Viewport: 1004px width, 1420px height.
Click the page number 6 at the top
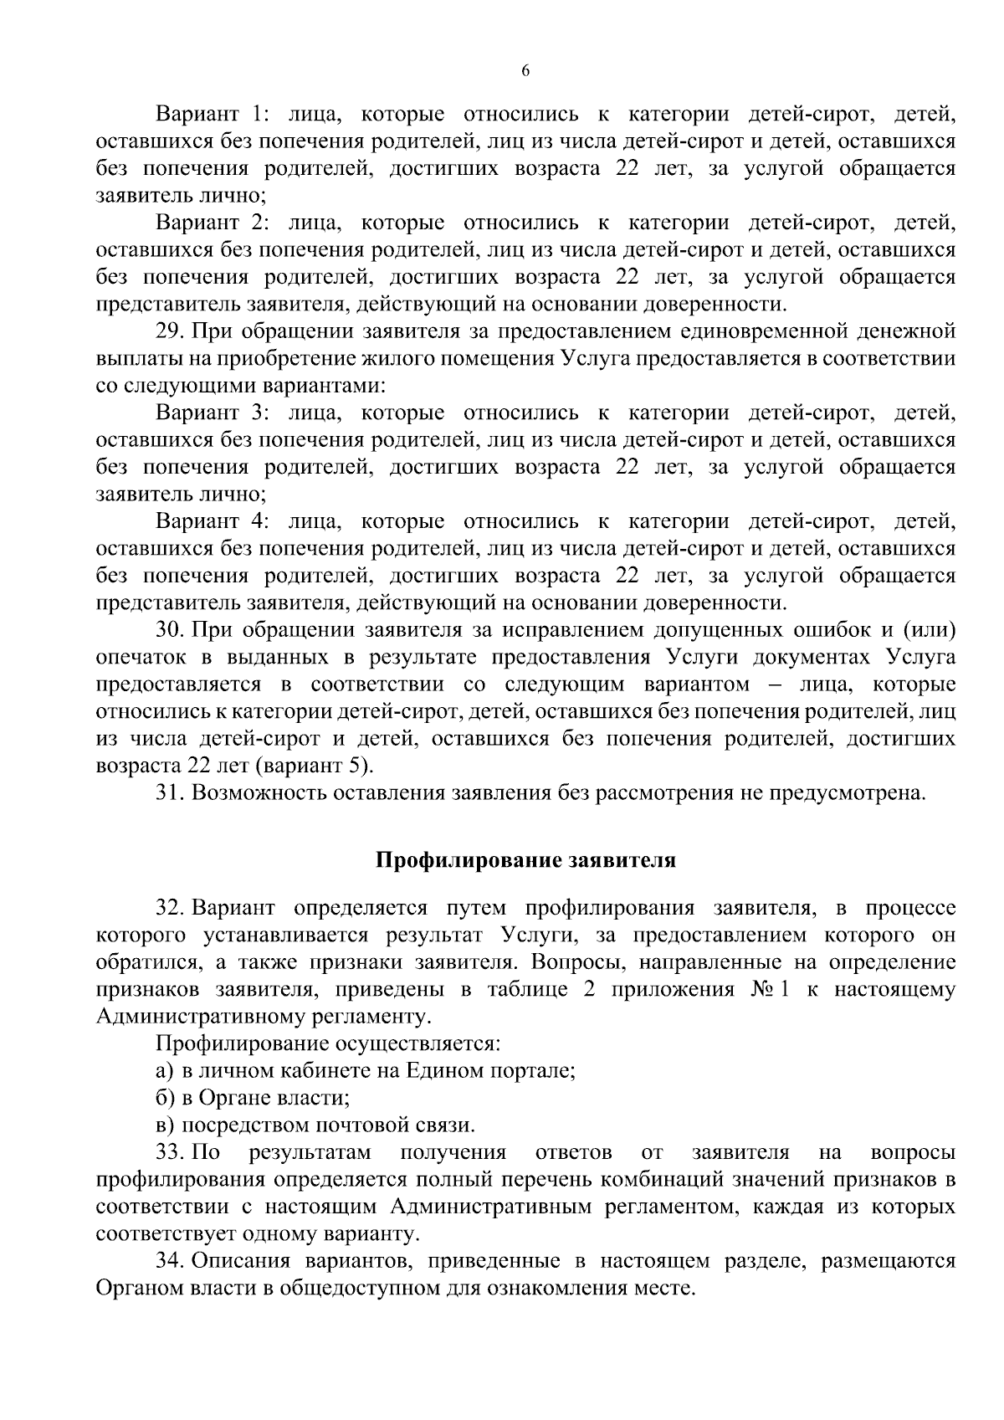pyautogui.click(x=525, y=71)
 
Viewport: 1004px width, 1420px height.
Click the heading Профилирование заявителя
pyautogui.click(x=525, y=860)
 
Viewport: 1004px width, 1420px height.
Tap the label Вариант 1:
pyautogui.click(x=212, y=114)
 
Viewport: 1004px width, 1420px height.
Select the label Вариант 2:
pyautogui.click(x=212, y=223)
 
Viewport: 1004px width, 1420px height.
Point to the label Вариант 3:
pyautogui.click(x=212, y=413)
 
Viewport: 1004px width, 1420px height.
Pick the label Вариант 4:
pyautogui.click(x=212, y=521)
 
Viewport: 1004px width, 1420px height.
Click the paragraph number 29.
pyautogui.click(x=170, y=331)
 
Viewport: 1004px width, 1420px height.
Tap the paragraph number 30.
pyautogui.click(x=170, y=630)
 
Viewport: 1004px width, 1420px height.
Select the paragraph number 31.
pyautogui.click(x=170, y=792)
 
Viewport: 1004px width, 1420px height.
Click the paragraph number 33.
pyautogui.click(x=170, y=1152)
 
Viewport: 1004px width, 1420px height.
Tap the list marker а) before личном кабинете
pyautogui.click(x=165, y=1071)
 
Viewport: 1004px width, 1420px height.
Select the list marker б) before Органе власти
pyautogui.click(x=165, y=1098)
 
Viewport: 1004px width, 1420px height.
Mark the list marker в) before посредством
pyautogui.click(x=165, y=1125)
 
